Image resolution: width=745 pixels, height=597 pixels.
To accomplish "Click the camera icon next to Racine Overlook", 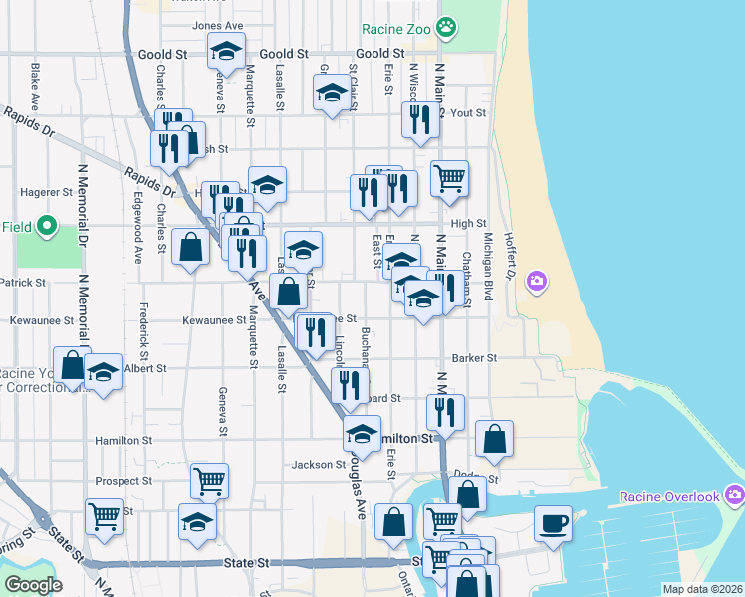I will pyautogui.click(x=735, y=495).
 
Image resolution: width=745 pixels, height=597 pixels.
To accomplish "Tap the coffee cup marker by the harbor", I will pyautogui.click(x=553, y=522).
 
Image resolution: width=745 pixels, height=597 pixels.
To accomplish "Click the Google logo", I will pyautogui.click(x=32, y=585).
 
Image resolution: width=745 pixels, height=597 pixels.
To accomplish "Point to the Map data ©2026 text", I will pyautogui.click(x=702, y=589).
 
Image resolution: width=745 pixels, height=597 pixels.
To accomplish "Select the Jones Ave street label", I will pyautogui.click(x=218, y=26).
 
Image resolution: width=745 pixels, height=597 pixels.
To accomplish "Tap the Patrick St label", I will pyautogui.click(x=22, y=283).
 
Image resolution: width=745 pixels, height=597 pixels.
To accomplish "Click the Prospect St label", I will pyautogui.click(x=123, y=480).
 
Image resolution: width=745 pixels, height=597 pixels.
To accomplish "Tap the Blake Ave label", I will pyautogui.click(x=35, y=88).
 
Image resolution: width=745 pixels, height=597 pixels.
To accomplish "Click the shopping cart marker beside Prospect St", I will pyautogui.click(x=210, y=481).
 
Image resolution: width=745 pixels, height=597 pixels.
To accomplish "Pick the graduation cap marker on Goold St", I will pyautogui.click(x=226, y=50).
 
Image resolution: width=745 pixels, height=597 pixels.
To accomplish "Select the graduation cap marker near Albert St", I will pyautogui.click(x=103, y=372).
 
